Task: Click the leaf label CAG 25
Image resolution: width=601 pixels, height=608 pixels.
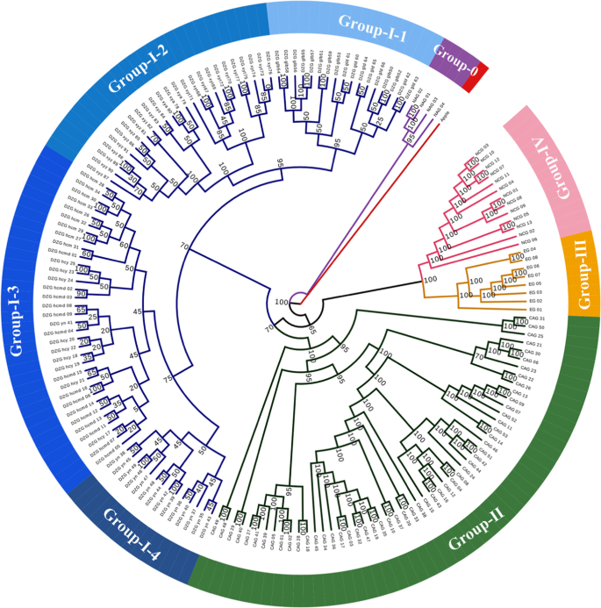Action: pyautogui.click(x=534, y=336)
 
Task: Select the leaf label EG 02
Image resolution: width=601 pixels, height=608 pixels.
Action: pyautogui.click(x=535, y=300)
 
